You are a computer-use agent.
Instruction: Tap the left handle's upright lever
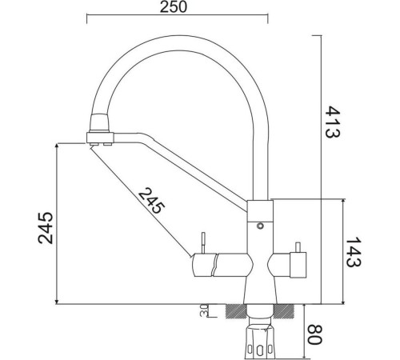204,242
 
